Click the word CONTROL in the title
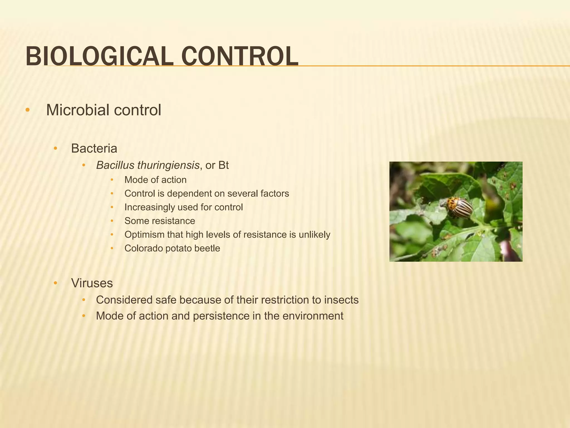[240, 56]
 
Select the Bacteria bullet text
[94, 148]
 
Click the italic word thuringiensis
[168, 165]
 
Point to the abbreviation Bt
[223, 165]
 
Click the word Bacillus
[115, 165]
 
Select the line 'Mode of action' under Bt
[155, 180]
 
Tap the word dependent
[193, 194]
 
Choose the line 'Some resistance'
[160, 221]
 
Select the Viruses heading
[92, 283]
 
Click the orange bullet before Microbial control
[27, 110]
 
